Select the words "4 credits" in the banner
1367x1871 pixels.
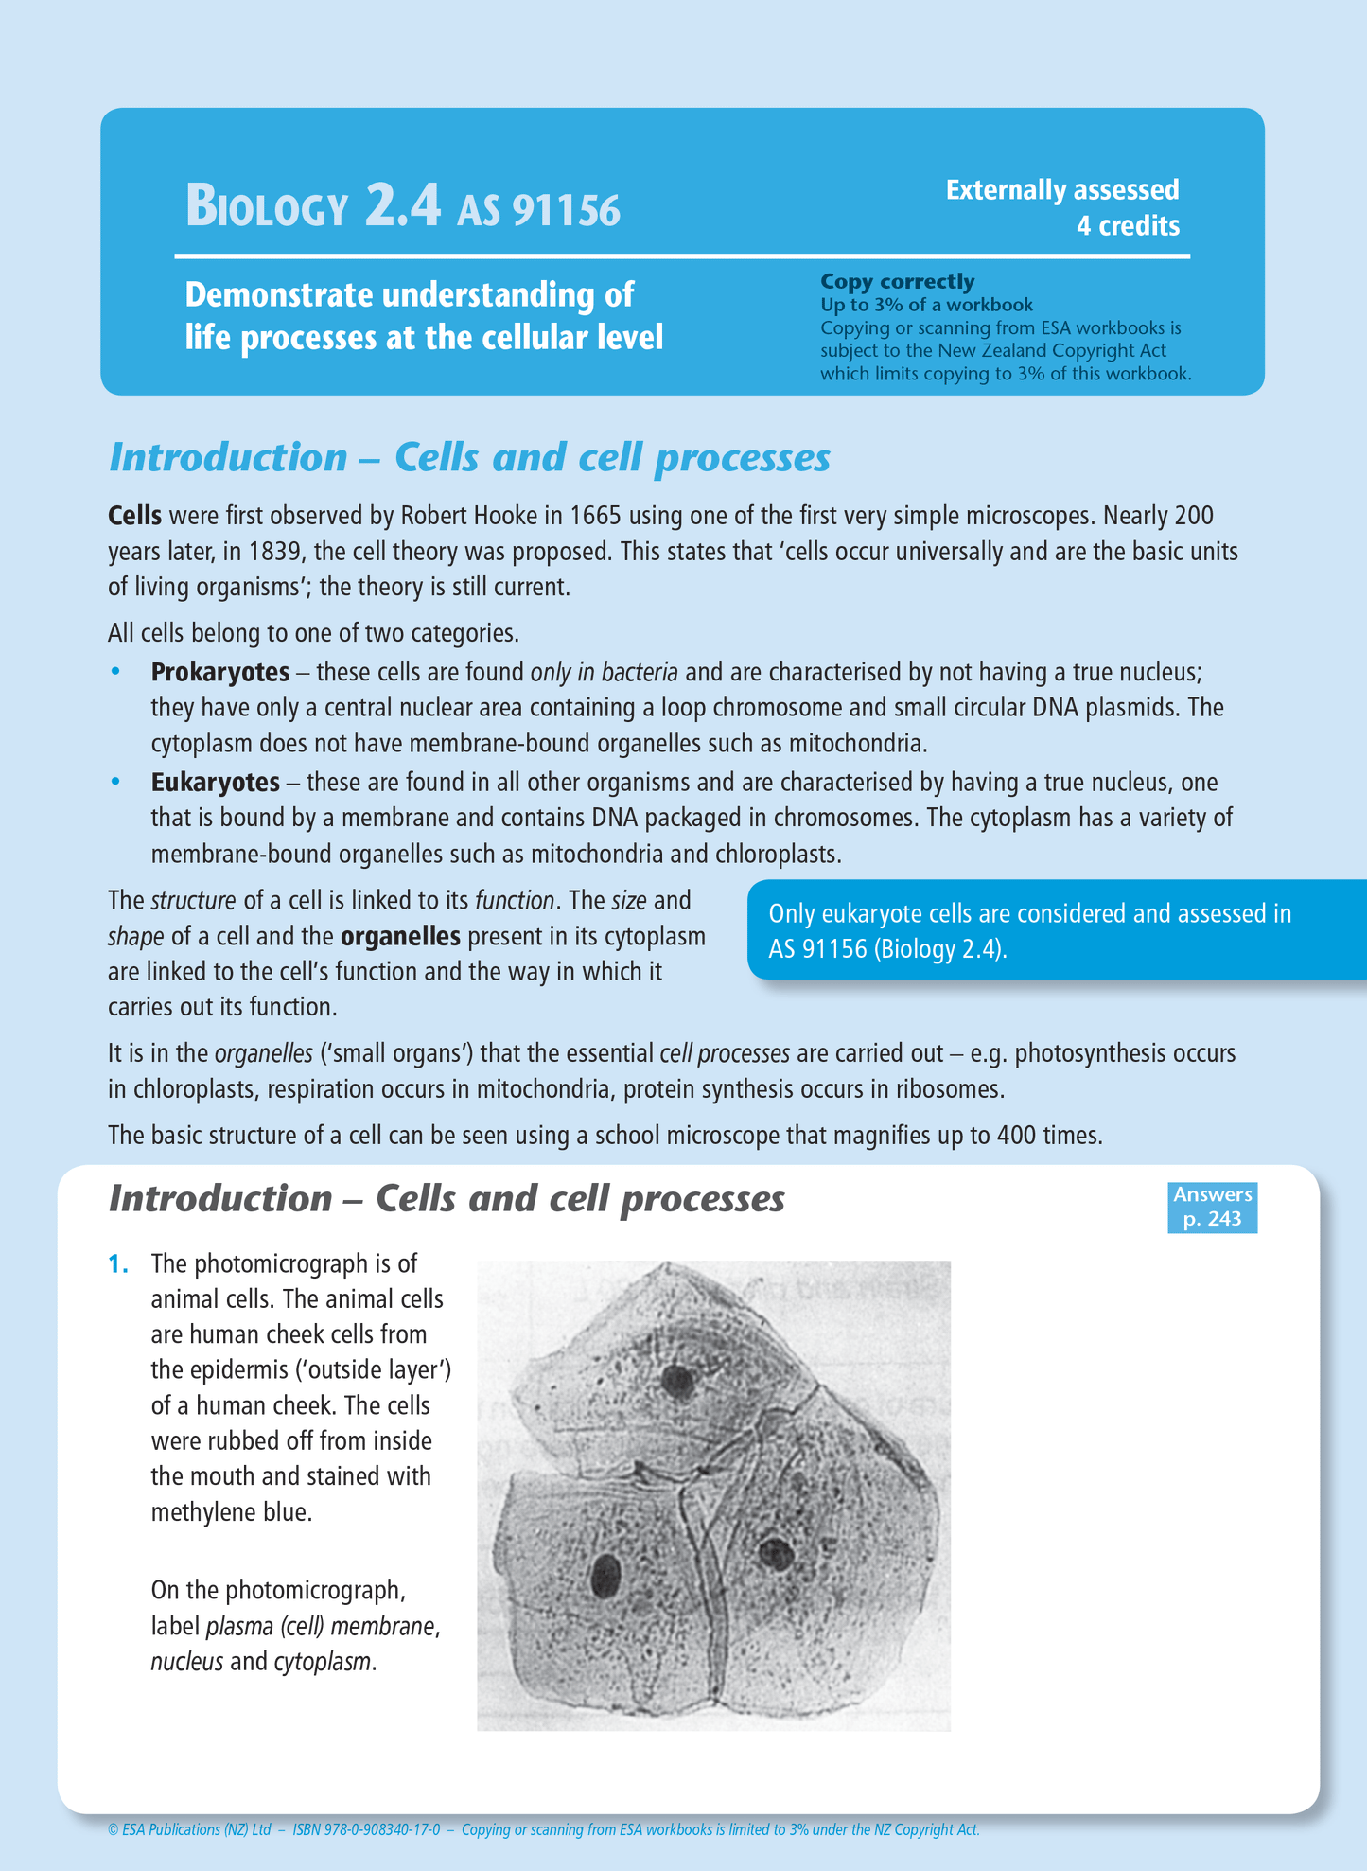[1128, 226]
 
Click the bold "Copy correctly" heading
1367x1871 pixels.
[897, 281]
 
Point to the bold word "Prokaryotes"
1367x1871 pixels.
[220, 672]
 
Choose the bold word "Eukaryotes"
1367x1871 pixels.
[216, 783]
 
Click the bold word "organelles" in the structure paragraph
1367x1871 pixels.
[400, 937]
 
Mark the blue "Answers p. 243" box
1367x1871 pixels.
[1212, 1207]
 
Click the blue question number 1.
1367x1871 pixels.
[117, 1264]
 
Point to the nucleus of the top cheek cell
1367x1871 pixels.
[678, 1381]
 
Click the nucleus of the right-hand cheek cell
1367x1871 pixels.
[777, 1553]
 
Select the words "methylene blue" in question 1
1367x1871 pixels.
[231, 1512]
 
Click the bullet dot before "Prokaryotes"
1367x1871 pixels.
[116, 672]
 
